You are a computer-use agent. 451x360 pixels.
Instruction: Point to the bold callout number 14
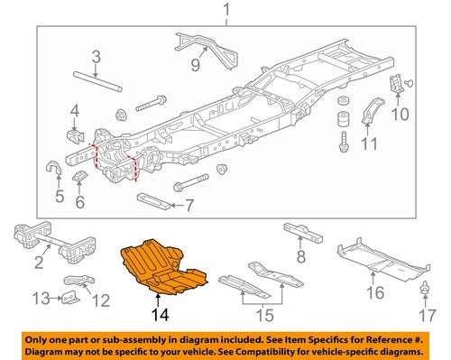[161, 316]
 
